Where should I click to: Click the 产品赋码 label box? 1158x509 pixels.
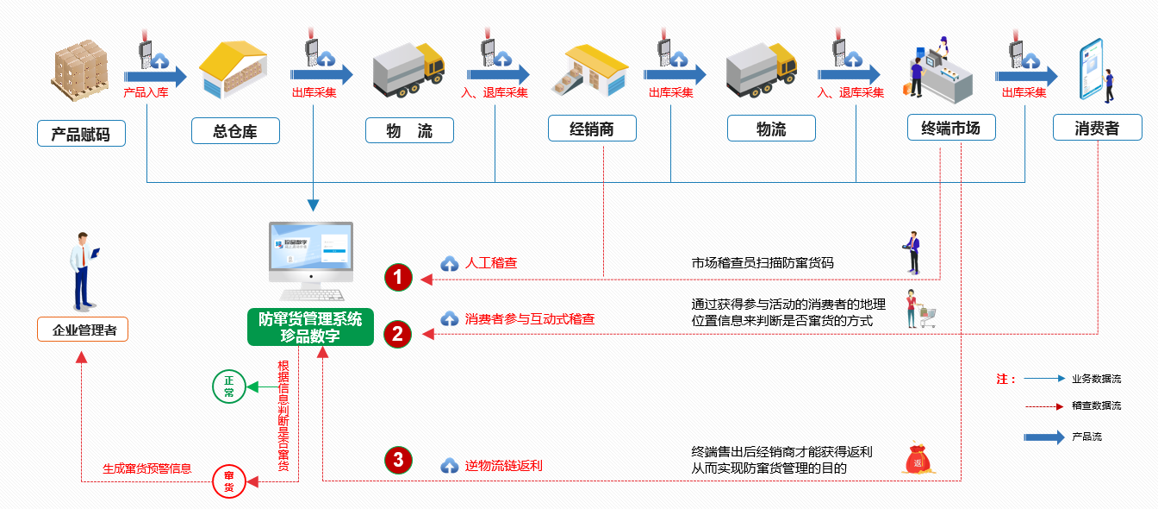pos(81,134)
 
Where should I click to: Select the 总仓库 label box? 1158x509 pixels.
pos(235,131)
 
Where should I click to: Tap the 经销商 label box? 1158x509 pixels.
pos(592,129)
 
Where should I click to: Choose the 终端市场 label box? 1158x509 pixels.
pos(950,129)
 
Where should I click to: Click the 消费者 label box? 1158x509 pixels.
pos(1097,129)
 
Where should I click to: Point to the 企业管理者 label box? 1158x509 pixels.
pos(84,330)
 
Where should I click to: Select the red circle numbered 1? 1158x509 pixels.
pos(398,277)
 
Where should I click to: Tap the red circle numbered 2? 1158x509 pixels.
pos(398,334)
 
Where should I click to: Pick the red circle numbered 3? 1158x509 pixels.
pos(398,460)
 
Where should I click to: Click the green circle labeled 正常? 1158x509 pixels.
pos(229,386)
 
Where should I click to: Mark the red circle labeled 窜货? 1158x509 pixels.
pos(229,481)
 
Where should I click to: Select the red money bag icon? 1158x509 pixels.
pos(917,459)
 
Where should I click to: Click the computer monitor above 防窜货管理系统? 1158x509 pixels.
pos(310,253)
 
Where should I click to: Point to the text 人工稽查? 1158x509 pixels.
pos(491,263)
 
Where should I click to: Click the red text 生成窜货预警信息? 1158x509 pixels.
pos(146,469)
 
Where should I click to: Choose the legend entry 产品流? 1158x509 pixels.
pos(1086,437)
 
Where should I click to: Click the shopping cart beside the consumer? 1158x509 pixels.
pos(927,317)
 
